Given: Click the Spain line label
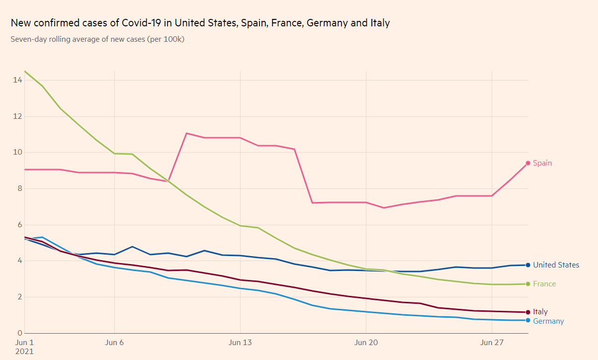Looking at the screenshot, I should tap(542, 163).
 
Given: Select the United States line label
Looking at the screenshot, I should tap(556, 265).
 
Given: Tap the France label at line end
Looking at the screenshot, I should tap(544, 284).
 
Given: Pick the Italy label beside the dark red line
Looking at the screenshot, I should tap(540, 312).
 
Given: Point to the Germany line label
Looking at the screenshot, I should tap(548, 321).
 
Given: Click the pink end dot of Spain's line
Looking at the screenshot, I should tap(528, 163).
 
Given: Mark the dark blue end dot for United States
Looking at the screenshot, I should tap(528, 265).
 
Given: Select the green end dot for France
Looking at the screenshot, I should tap(528, 284).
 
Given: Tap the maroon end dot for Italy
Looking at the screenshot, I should tap(528, 312).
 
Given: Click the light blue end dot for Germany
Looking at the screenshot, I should tap(528, 320).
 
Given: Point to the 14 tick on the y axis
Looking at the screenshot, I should tap(18, 80).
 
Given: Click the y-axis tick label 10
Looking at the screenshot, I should tap(18, 152).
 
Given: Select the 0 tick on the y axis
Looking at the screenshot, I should tap(20, 333).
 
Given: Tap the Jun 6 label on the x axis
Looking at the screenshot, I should tap(114, 343).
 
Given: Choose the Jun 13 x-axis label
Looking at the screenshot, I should tap(240, 343).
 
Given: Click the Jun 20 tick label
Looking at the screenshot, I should tap(366, 343).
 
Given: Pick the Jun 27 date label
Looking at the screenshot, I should tap(492, 343).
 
